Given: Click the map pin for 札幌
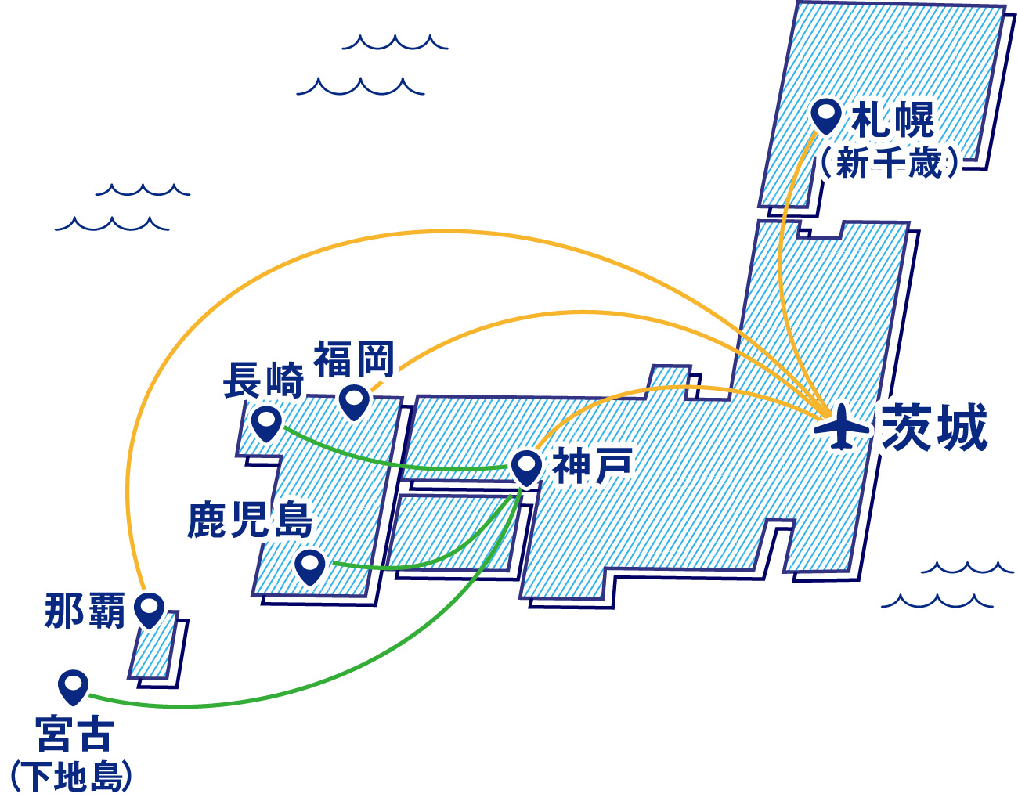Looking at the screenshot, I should tap(825, 116).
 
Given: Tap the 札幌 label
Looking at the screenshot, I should tap(893, 120).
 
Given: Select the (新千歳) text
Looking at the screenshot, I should tap(889, 164).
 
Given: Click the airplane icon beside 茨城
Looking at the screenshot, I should tap(842, 427).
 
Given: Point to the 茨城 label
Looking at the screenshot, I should tap(934, 427).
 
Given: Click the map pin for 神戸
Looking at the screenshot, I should tap(526, 467).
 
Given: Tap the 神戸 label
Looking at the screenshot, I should tap(592, 467).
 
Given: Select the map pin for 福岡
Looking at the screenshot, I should tap(354, 402).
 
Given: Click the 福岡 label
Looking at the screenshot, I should tap(354, 359).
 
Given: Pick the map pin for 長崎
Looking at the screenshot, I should tap(267, 423).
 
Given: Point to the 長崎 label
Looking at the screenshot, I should tap(263, 381).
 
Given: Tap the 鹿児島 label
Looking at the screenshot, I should tap(251, 519).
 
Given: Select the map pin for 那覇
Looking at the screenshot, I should tap(149, 608).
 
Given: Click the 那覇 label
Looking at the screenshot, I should tap(85, 610).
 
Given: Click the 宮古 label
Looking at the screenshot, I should tap(75, 734).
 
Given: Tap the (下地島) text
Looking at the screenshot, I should tap(71, 777).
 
